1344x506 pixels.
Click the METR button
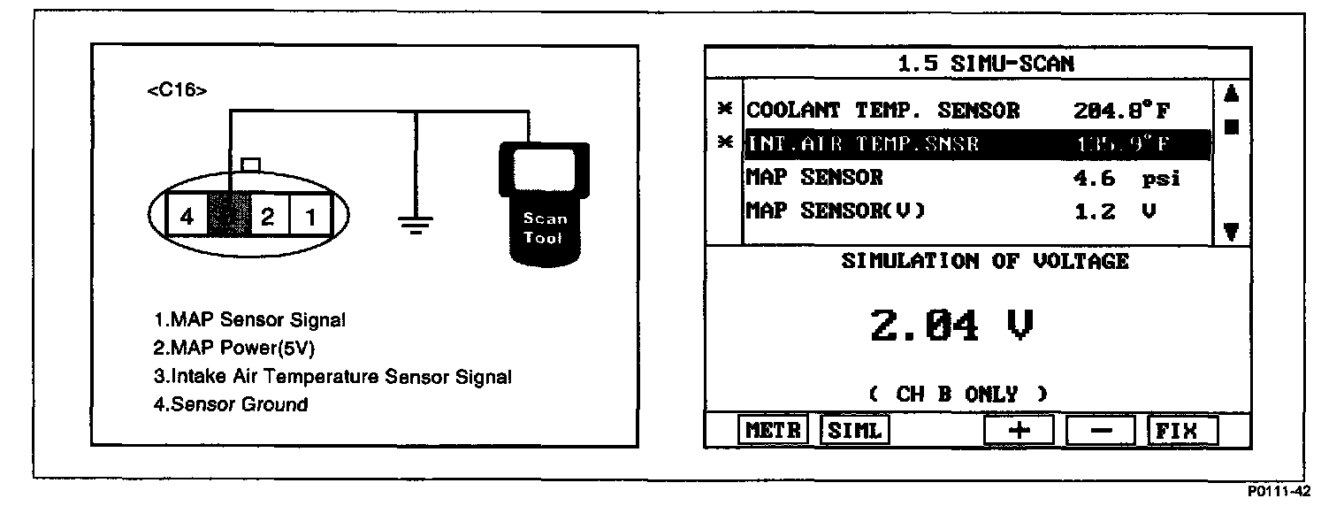(773, 431)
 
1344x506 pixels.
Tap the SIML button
(854, 431)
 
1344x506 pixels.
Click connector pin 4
(187, 216)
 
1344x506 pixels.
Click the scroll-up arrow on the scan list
(1231, 93)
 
